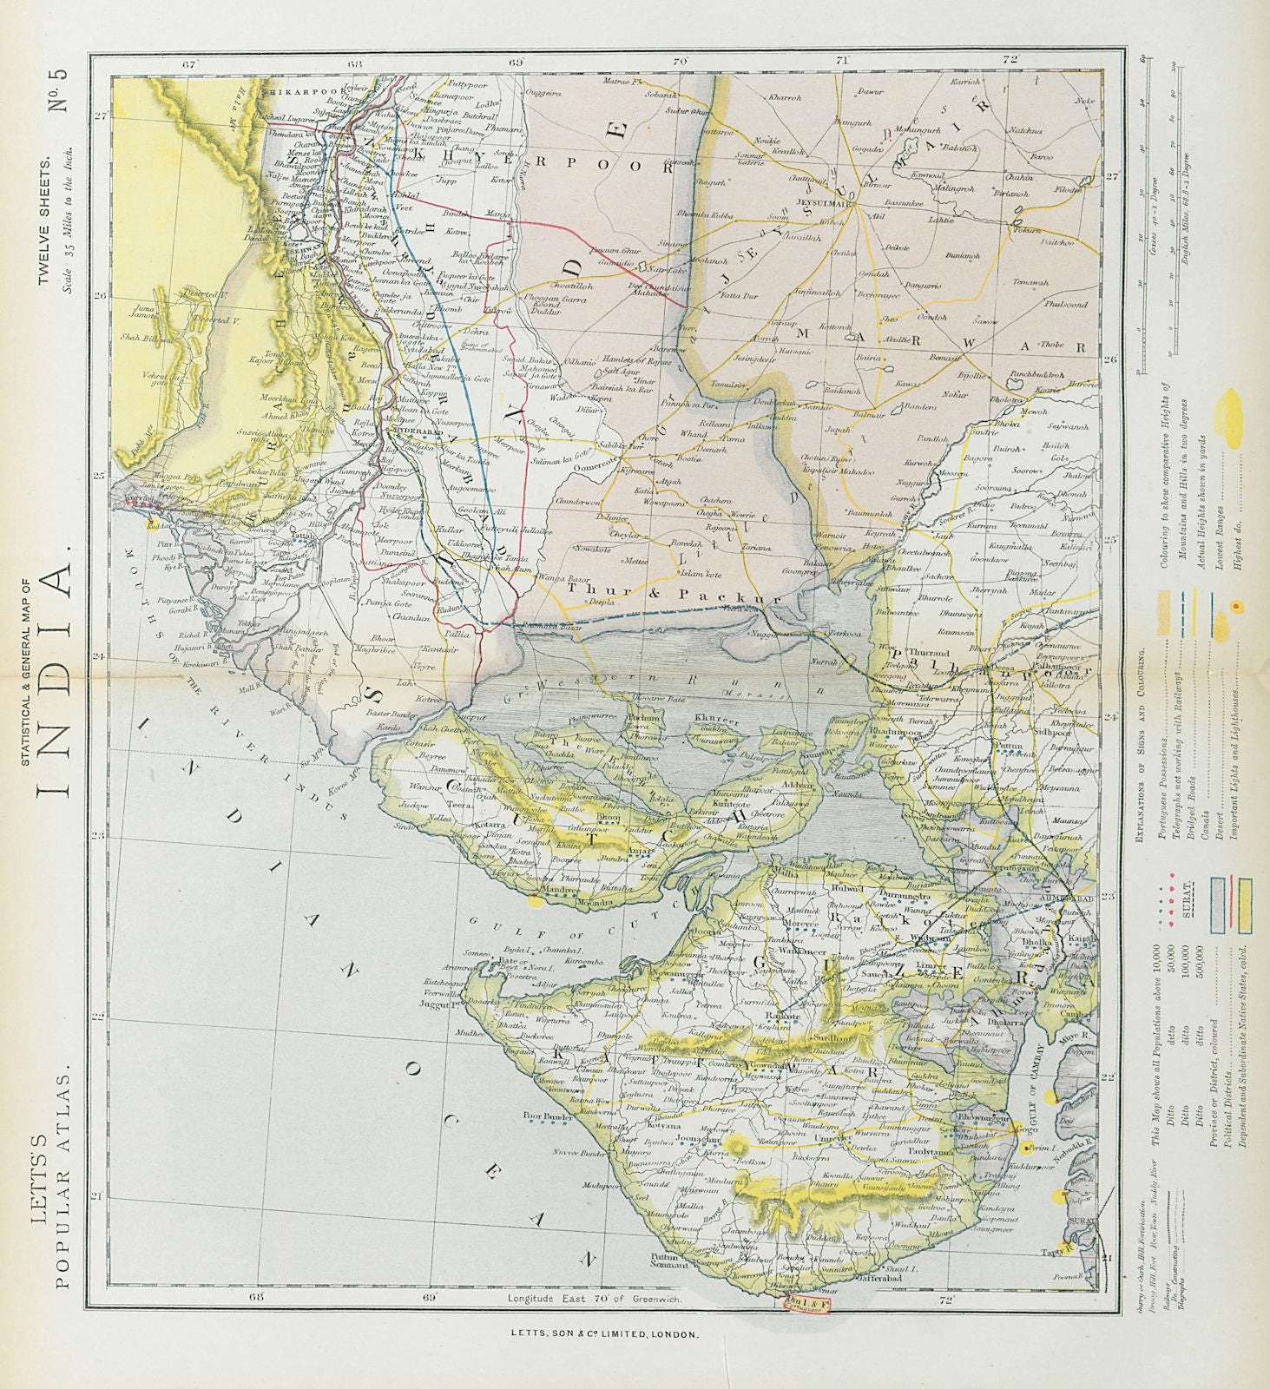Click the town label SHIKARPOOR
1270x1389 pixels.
tap(291, 89)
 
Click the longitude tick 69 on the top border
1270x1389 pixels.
tap(516, 62)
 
